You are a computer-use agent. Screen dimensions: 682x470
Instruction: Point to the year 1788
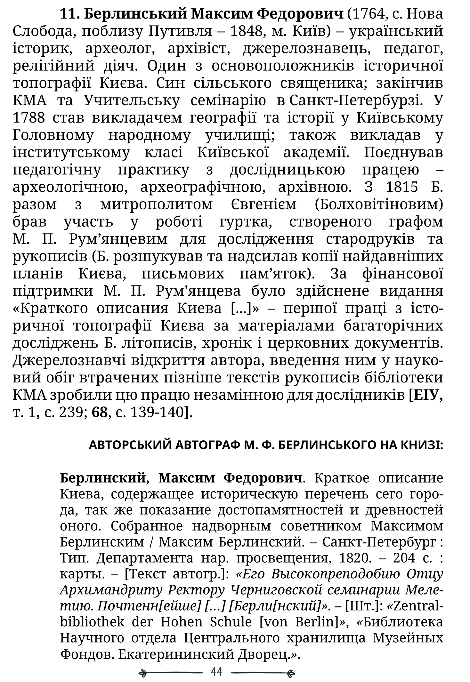click(x=28, y=118)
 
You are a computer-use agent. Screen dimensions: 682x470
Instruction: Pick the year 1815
click(x=402, y=187)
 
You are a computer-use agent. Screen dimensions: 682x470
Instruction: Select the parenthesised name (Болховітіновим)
click(x=379, y=205)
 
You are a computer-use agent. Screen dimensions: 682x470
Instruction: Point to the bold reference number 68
click(x=99, y=413)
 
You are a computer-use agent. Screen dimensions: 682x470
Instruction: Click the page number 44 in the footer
click(x=217, y=672)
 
